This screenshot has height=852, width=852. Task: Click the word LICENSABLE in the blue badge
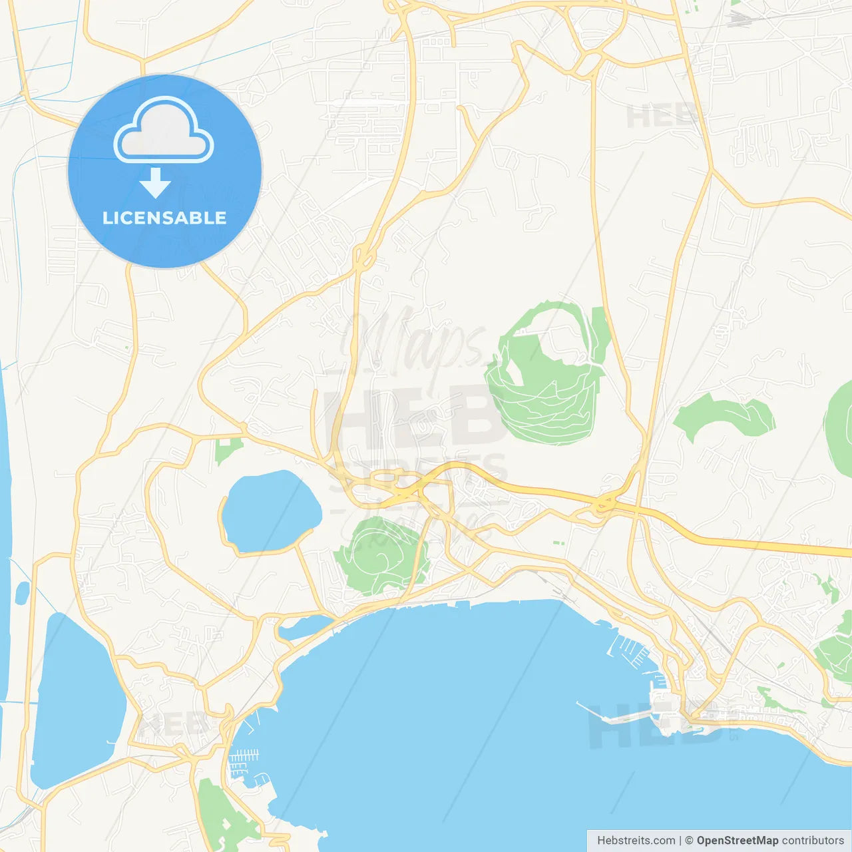164,218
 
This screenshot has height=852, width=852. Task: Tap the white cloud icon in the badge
164,131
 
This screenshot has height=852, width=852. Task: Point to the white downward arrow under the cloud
155,183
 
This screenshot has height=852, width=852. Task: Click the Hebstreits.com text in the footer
636,841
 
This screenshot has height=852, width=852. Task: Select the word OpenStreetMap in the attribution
737,841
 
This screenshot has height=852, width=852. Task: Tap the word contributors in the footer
813,841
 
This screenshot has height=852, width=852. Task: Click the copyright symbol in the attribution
689,841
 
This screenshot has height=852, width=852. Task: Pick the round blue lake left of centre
270,511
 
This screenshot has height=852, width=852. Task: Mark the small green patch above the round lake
227,451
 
